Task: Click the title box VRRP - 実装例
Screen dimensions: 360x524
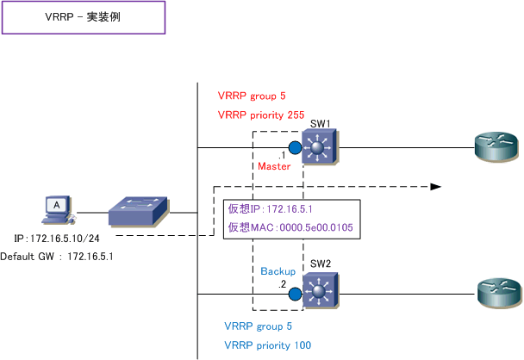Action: pos(83,17)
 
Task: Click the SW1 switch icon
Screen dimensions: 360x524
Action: pos(321,148)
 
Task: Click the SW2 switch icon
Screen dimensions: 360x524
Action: pos(321,294)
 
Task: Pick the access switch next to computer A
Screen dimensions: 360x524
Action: pos(139,208)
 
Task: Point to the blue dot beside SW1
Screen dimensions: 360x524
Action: pos(295,147)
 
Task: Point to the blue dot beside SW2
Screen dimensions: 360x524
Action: pos(295,295)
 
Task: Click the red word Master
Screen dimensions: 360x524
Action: pos(276,164)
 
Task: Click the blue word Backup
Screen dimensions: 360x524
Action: pos(278,271)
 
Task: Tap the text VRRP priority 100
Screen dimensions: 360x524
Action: pos(267,344)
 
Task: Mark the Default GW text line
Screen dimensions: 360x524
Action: pos(57,257)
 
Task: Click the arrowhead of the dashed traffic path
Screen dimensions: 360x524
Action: pos(436,185)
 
